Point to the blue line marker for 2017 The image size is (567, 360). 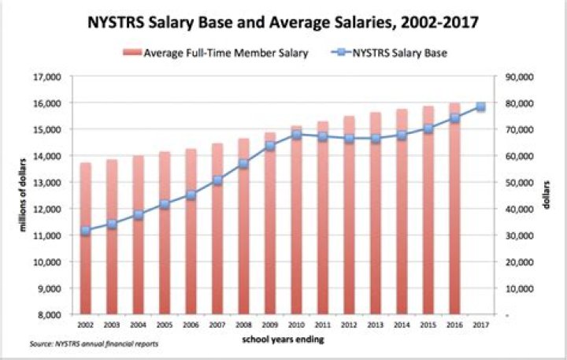(x=480, y=107)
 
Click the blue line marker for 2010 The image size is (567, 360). (x=296, y=135)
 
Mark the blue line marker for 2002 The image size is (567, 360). (x=86, y=231)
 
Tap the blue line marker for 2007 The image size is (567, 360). (x=217, y=180)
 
